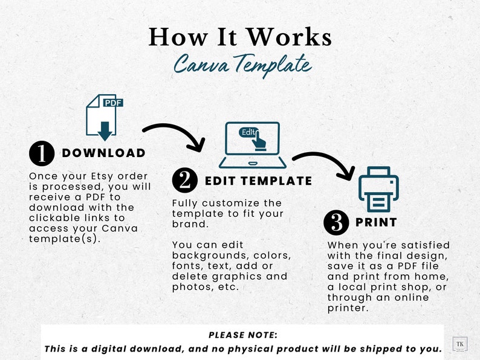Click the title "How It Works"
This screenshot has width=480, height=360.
pyautogui.click(x=240, y=37)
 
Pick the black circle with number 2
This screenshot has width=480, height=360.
pyautogui.click(x=185, y=181)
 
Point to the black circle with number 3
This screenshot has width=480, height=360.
pyautogui.click(x=336, y=222)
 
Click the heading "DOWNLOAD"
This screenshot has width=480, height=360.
pyautogui.click(x=103, y=153)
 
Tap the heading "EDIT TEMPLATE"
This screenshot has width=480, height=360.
pyautogui.click(x=258, y=181)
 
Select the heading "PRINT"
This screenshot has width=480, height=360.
pyautogui.click(x=376, y=222)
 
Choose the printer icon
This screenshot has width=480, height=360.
pyautogui.click(x=378, y=189)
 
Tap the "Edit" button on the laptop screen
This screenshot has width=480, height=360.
pyautogui.click(x=249, y=132)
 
